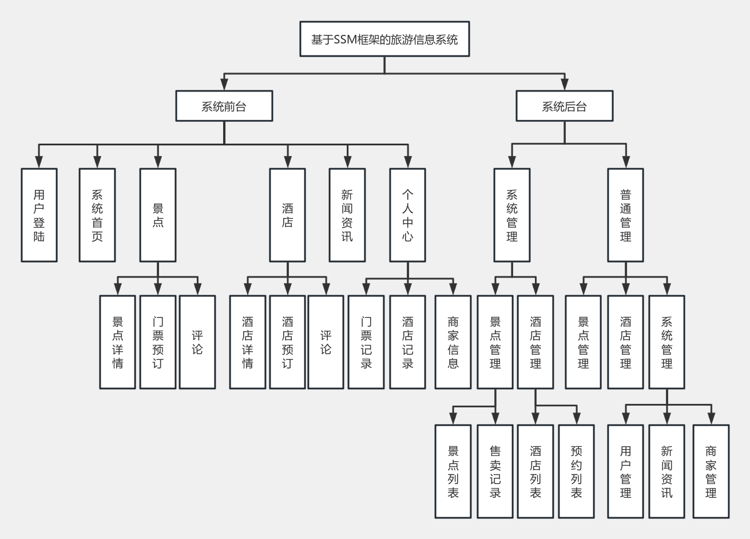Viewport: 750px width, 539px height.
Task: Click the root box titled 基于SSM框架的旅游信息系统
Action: pos(384,39)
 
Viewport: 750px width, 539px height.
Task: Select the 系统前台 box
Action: pos(224,106)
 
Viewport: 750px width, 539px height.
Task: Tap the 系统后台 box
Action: pos(565,106)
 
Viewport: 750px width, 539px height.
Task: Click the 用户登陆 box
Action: pos(39,215)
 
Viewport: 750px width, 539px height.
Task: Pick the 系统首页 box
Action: pos(97,215)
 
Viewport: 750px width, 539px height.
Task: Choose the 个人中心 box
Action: pos(407,215)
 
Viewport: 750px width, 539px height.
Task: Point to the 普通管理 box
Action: pos(625,215)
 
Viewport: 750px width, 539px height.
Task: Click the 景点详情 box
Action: pos(117,342)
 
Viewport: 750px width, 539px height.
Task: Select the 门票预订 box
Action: pos(158,342)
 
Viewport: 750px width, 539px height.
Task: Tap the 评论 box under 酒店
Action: pos(326,342)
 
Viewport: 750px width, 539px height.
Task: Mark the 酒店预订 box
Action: pos(287,342)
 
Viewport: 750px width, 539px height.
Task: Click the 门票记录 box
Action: pos(366,342)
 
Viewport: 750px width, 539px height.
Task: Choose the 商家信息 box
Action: pos(453,342)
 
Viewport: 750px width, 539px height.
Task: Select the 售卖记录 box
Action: pos(495,471)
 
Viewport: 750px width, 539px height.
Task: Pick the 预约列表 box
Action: pos(576,471)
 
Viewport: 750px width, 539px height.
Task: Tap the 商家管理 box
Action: pos(711,471)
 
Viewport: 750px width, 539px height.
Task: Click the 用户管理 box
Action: pos(625,471)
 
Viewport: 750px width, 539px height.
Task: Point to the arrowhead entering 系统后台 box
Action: pos(565,86)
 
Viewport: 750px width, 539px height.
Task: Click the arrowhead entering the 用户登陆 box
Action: pos(39,164)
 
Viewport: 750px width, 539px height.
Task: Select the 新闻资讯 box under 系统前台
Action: pos(347,215)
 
